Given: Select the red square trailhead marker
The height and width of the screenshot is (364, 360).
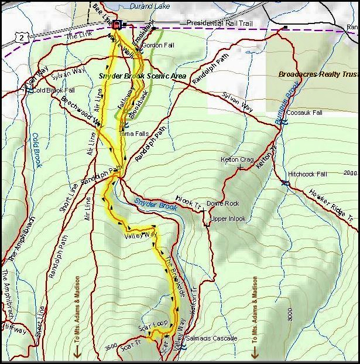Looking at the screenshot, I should click(116, 25).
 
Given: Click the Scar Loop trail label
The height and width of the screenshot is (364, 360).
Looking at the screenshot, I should click(153, 324).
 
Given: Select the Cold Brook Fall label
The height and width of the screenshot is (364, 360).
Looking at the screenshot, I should click(54, 90).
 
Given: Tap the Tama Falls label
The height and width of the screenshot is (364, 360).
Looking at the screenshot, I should click(134, 134).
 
